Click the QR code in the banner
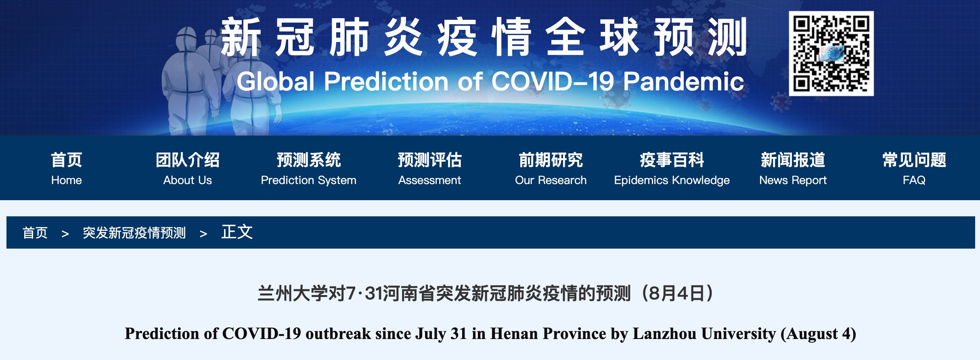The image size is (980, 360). [x=831, y=53]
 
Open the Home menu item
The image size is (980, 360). [x=67, y=169]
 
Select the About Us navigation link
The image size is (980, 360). [x=188, y=169]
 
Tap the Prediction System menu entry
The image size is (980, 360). [x=309, y=169]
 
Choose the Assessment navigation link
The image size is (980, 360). [x=430, y=169]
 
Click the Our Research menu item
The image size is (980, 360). [x=551, y=169]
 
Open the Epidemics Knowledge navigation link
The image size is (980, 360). [x=672, y=169]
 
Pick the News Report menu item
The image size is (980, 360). [x=793, y=169]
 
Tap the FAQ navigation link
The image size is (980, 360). [x=914, y=169]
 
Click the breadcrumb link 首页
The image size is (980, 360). [x=35, y=233]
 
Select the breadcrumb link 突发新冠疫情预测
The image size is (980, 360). [x=134, y=233]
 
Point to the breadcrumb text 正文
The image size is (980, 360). [x=237, y=232]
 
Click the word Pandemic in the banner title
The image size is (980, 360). [x=683, y=82]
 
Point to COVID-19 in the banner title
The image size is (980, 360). [x=553, y=82]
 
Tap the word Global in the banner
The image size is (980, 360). [x=276, y=82]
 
